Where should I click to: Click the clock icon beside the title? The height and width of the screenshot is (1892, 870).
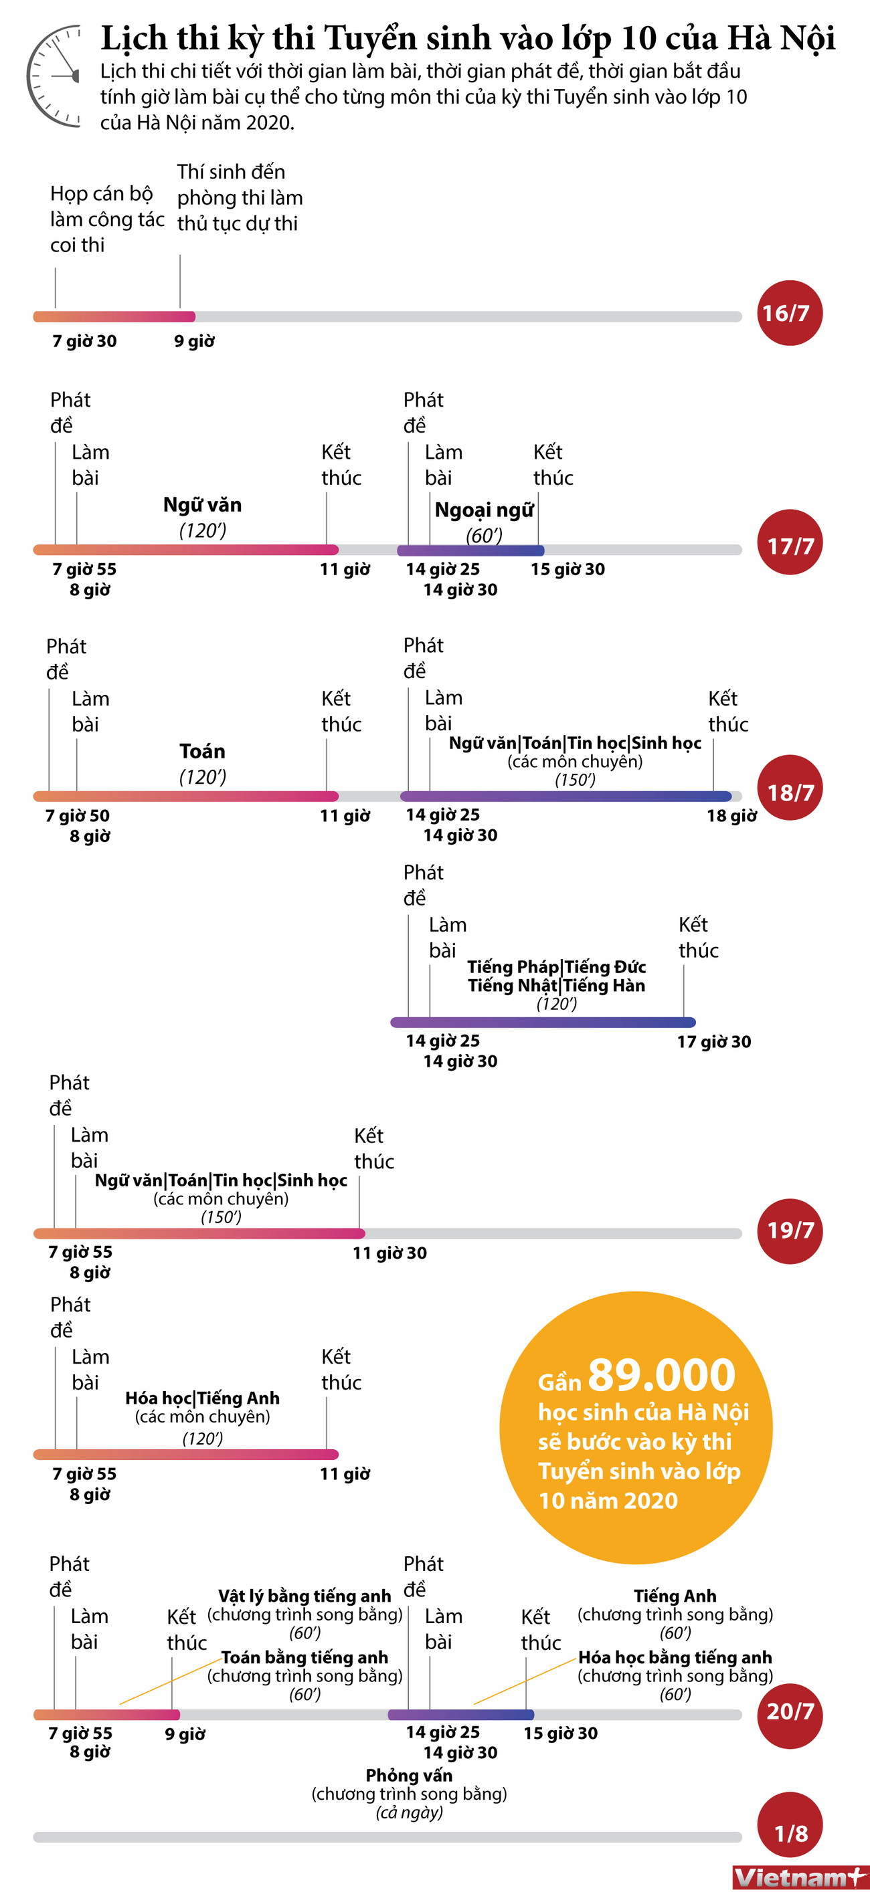(x=54, y=76)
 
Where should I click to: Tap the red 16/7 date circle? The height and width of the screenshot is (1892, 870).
(x=789, y=313)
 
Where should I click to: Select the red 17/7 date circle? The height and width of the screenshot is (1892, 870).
(x=789, y=543)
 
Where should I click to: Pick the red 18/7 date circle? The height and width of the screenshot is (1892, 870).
(x=789, y=788)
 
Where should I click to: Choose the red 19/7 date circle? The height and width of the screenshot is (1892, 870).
(x=789, y=1231)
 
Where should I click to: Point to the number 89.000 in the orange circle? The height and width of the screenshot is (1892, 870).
(x=661, y=1376)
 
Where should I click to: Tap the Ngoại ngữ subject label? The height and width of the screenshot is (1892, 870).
(x=483, y=510)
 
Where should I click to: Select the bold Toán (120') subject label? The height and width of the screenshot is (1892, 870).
(x=202, y=751)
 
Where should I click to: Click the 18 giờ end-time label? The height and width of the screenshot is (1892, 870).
(x=731, y=816)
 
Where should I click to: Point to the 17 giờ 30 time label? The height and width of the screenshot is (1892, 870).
(x=713, y=1041)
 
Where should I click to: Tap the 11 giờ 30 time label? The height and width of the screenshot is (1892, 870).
(x=389, y=1253)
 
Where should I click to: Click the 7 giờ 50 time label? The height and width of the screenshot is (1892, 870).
(x=77, y=816)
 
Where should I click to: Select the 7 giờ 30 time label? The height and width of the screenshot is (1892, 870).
(x=84, y=341)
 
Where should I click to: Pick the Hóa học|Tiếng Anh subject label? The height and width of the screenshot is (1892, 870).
(x=202, y=1398)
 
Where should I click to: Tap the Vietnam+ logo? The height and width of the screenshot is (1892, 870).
(x=800, y=1877)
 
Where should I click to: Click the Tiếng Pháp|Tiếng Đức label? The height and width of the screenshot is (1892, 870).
(x=556, y=967)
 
